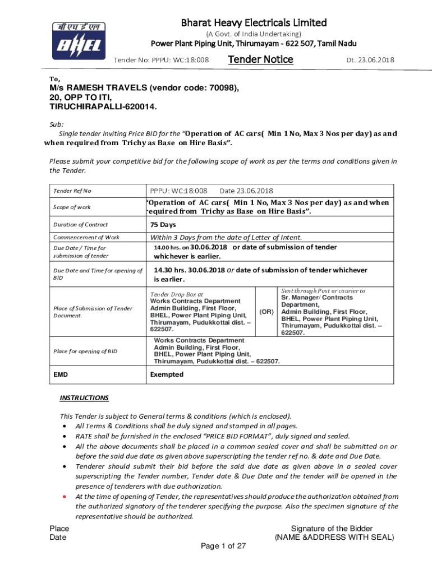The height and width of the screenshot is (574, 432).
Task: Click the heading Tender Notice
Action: point(260,59)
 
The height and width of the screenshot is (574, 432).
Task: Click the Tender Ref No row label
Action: point(72,191)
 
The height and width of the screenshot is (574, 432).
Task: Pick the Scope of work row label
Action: point(72,207)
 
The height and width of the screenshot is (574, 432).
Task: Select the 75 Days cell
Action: point(163,225)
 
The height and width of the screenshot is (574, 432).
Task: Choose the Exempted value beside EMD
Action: point(167,374)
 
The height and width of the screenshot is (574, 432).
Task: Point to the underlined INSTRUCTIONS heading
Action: point(84,398)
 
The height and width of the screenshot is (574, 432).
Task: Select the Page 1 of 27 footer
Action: point(223,546)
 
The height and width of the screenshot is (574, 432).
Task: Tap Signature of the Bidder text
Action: point(332,529)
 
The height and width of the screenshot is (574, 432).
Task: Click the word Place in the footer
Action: point(59,529)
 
